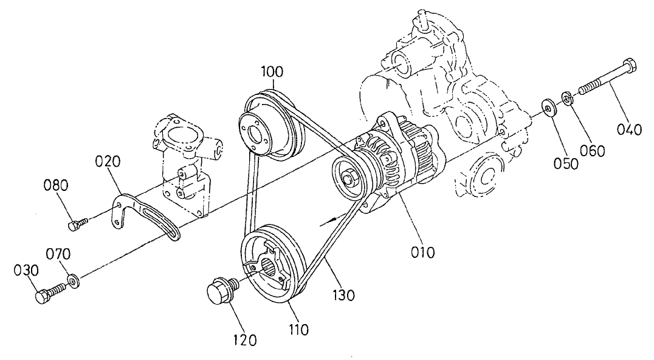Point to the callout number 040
point(628,129)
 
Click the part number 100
point(272,71)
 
